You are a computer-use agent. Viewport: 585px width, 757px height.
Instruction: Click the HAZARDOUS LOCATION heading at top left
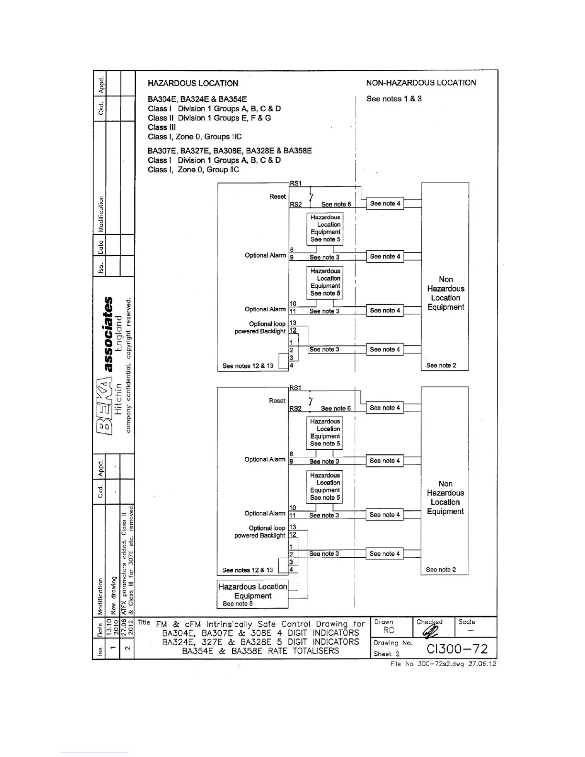coord(193,83)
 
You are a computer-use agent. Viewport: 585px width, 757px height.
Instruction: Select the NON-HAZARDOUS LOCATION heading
coord(421,83)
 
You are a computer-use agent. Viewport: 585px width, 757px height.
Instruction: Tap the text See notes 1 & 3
coord(394,99)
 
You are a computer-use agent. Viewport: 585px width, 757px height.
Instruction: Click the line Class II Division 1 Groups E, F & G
coord(209,118)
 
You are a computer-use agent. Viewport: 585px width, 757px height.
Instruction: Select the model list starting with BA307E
coord(229,151)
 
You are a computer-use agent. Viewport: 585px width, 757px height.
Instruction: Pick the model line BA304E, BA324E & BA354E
coord(197,99)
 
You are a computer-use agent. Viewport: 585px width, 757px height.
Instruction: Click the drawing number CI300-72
coord(457,649)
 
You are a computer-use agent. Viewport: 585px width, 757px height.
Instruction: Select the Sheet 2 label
coord(386,654)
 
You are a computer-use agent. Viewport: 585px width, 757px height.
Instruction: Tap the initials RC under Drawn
coord(389,630)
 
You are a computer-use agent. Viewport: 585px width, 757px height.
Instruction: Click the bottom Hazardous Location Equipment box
coord(252,594)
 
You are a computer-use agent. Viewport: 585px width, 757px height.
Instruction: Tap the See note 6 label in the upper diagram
coord(336,205)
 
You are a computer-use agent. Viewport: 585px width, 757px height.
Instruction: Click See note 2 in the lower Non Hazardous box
coord(441,570)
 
